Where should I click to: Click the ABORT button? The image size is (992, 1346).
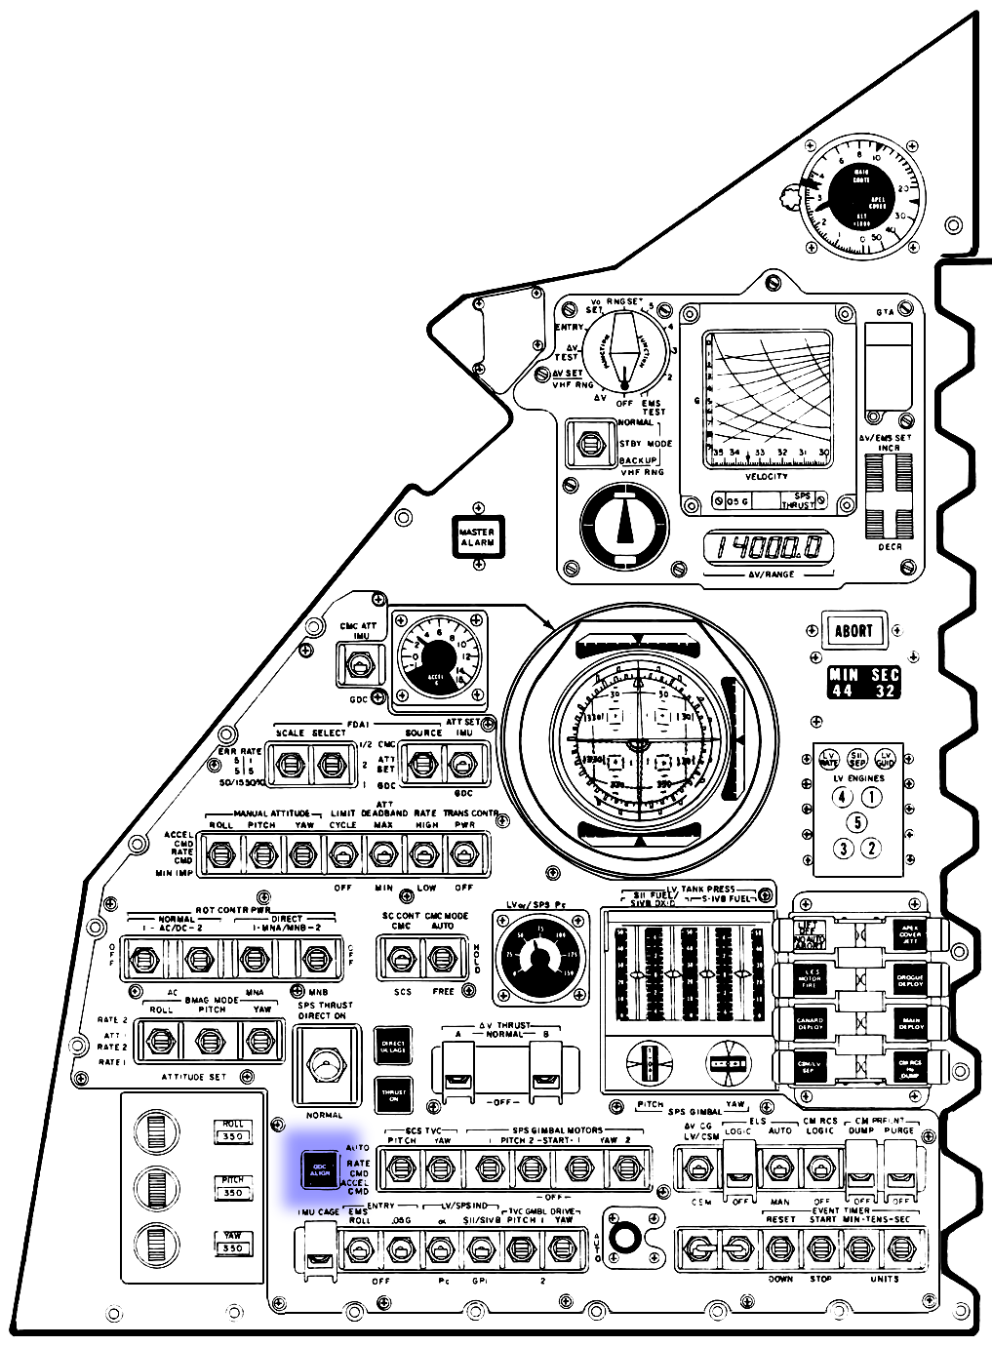coord(853,630)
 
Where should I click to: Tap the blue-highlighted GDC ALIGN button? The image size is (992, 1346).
coord(319,1169)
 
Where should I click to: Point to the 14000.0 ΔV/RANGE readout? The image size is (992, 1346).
coord(769,548)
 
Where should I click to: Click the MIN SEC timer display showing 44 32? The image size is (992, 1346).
coord(863,683)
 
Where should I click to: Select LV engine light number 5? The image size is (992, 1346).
coord(856,822)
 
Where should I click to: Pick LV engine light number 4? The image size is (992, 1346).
coord(842,797)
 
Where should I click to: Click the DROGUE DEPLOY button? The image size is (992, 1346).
coord(909,978)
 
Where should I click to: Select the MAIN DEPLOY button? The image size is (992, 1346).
coord(909,1023)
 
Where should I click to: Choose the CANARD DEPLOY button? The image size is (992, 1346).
coord(810,1023)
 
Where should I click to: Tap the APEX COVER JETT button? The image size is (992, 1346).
coord(909,933)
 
